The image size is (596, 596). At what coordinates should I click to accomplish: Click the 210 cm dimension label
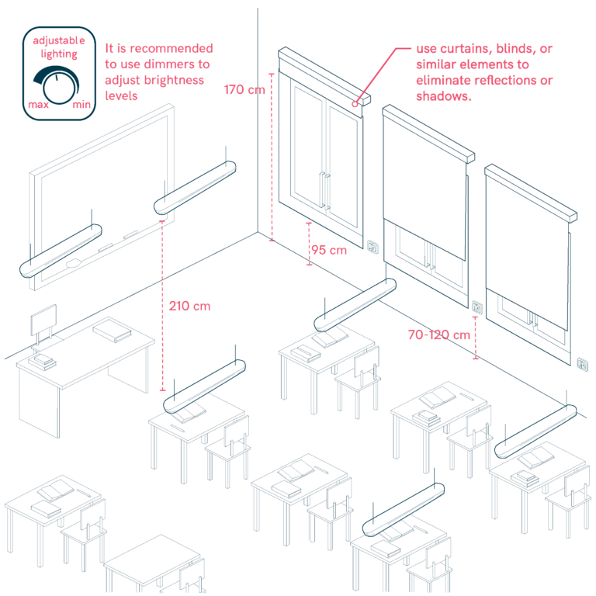coord(189,306)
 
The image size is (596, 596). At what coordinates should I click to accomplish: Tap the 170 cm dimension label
coord(244,90)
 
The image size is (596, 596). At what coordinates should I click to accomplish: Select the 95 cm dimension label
coord(329,250)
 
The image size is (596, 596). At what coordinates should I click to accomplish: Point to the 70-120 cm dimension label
coord(439,335)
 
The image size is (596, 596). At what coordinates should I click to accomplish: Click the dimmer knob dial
coord(59,88)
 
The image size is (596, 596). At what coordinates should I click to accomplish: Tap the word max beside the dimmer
coord(38,105)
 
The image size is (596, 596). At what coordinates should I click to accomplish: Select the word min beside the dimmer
coord(81,104)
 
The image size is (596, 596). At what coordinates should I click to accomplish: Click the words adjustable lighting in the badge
coord(59,47)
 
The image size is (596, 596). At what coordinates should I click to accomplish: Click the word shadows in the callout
coord(444,96)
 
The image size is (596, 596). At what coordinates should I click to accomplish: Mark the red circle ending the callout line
coord(355,104)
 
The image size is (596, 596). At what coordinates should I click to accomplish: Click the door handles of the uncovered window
coord(324,190)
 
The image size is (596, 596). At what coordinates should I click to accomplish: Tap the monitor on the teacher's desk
coord(43,321)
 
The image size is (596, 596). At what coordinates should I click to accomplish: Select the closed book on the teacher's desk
coord(112,330)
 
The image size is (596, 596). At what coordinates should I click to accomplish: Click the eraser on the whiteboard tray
coord(74,263)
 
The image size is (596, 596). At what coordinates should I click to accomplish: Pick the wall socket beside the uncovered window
coord(372,247)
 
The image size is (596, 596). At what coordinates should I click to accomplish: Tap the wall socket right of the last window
coord(583,364)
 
